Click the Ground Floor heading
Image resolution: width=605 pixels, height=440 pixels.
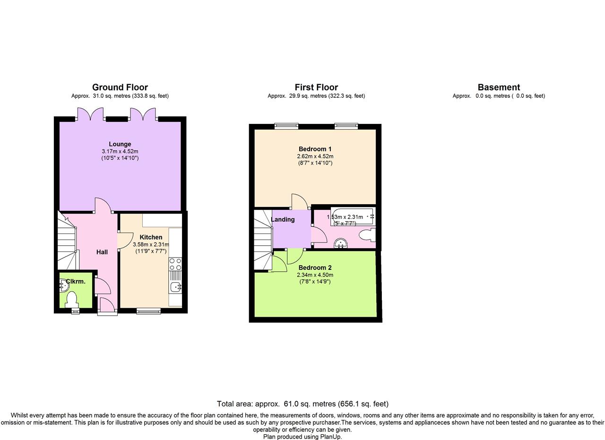tap(120, 87)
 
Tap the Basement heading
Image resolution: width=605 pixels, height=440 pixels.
tap(499, 87)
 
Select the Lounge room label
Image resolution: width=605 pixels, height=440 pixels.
tap(120, 144)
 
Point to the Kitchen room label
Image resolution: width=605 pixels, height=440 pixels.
tap(151, 237)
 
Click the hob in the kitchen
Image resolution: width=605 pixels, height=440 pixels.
tap(175, 264)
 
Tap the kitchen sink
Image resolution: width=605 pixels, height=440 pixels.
tap(175, 287)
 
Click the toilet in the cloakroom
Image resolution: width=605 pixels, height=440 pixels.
tap(71, 300)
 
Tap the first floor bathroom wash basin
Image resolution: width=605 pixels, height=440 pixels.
tap(341, 243)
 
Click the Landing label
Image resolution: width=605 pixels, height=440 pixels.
tap(283, 219)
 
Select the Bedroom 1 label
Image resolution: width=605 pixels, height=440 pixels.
tap(315, 149)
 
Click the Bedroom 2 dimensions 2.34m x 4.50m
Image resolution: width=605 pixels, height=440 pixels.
tap(315, 275)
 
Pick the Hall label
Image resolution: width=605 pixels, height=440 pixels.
tap(102, 252)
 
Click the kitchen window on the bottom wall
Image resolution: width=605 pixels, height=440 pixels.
tap(148, 311)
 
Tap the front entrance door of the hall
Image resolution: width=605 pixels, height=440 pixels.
tap(107, 306)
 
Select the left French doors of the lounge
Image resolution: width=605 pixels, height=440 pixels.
tap(90, 114)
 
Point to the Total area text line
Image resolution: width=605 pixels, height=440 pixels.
tap(302, 404)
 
